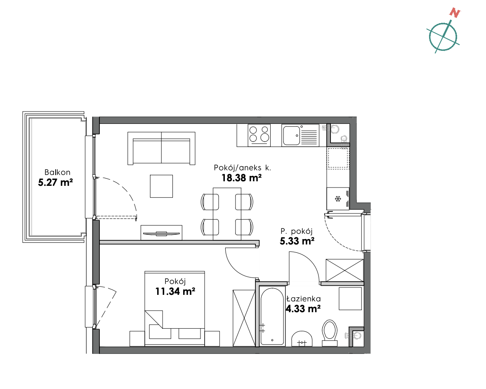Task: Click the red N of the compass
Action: (455, 13)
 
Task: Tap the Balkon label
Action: (57, 172)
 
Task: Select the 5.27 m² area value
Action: (55, 183)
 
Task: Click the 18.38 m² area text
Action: (241, 178)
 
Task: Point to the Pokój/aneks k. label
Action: (242, 168)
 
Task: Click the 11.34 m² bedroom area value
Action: (175, 291)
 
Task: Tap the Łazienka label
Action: (303, 299)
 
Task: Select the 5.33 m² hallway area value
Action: (297, 241)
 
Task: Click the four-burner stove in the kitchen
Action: (259, 135)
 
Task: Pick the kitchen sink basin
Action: (291, 135)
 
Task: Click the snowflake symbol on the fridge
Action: (338, 199)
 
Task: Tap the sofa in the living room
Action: (161, 148)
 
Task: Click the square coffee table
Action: (161, 186)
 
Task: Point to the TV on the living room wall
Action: (161, 233)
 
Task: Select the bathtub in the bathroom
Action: (272, 316)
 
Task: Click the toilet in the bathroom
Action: (330, 333)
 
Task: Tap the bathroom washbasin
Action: (302, 339)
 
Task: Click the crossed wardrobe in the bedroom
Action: (244, 318)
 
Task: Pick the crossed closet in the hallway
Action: (344, 270)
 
